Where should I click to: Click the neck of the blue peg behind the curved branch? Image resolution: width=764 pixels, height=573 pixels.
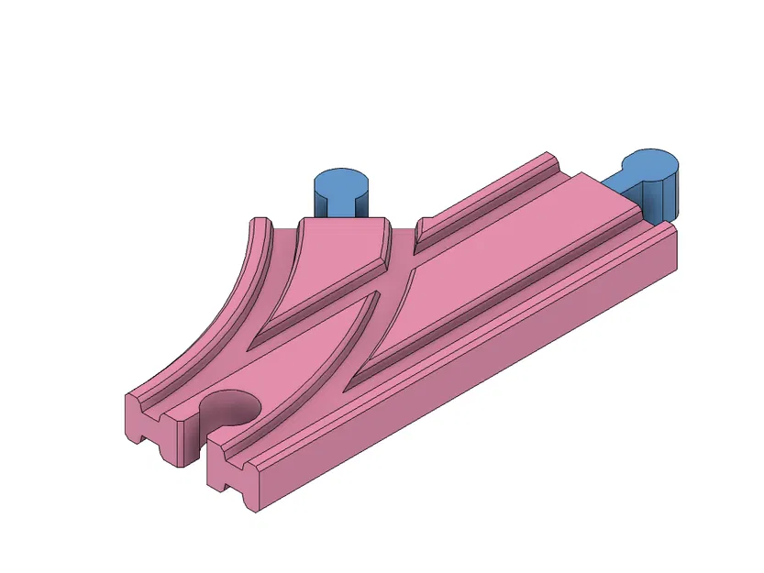click(x=341, y=207)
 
